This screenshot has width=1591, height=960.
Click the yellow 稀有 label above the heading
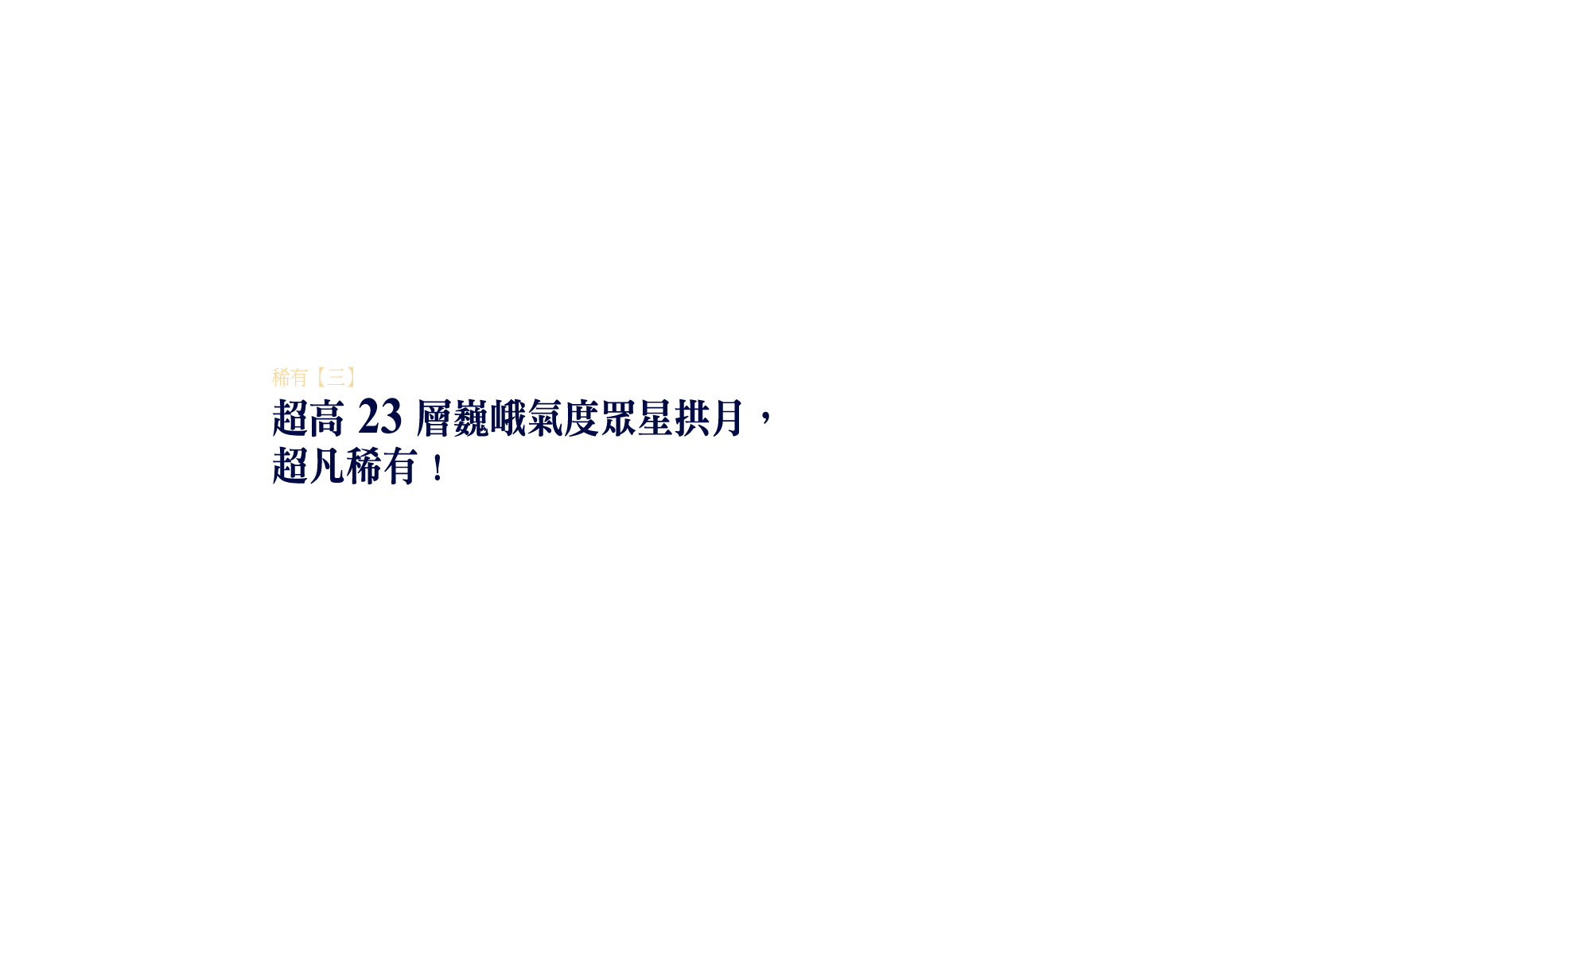(290, 377)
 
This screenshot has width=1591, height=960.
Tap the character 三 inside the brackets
(336, 377)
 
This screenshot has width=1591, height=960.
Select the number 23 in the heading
(379, 418)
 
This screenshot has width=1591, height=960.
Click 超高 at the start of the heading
(308, 418)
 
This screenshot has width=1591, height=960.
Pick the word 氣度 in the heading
(562, 418)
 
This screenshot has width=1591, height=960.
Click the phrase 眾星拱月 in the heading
(671, 418)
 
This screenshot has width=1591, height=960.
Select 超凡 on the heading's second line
(308, 466)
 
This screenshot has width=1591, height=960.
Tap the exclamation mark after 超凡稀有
(438, 468)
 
